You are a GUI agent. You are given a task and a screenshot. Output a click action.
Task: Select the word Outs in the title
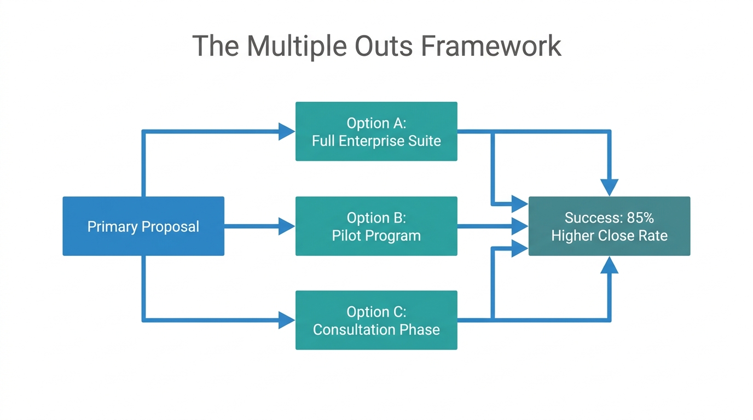pos(384,46)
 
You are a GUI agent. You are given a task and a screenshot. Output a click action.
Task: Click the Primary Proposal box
pos(143,226)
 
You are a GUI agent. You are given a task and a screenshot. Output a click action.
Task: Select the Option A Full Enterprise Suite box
pos(376,131)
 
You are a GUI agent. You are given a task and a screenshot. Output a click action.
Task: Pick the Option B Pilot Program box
pos(376,226)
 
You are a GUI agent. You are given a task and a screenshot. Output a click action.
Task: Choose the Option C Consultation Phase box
pos(376,320)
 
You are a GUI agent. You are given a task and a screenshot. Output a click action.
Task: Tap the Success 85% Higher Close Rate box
pos(609,226)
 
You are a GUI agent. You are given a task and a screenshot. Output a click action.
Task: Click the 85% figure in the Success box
pos(640,218)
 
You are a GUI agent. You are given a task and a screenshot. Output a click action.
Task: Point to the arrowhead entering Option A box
pos(287,131)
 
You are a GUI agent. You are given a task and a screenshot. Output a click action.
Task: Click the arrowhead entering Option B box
pos(287,226)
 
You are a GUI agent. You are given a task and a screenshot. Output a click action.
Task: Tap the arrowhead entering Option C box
pos(287,320)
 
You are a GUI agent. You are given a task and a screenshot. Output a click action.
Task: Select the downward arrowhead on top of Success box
pos(609,188)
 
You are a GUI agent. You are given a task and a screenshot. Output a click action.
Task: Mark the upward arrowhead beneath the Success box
pos(609,265)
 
